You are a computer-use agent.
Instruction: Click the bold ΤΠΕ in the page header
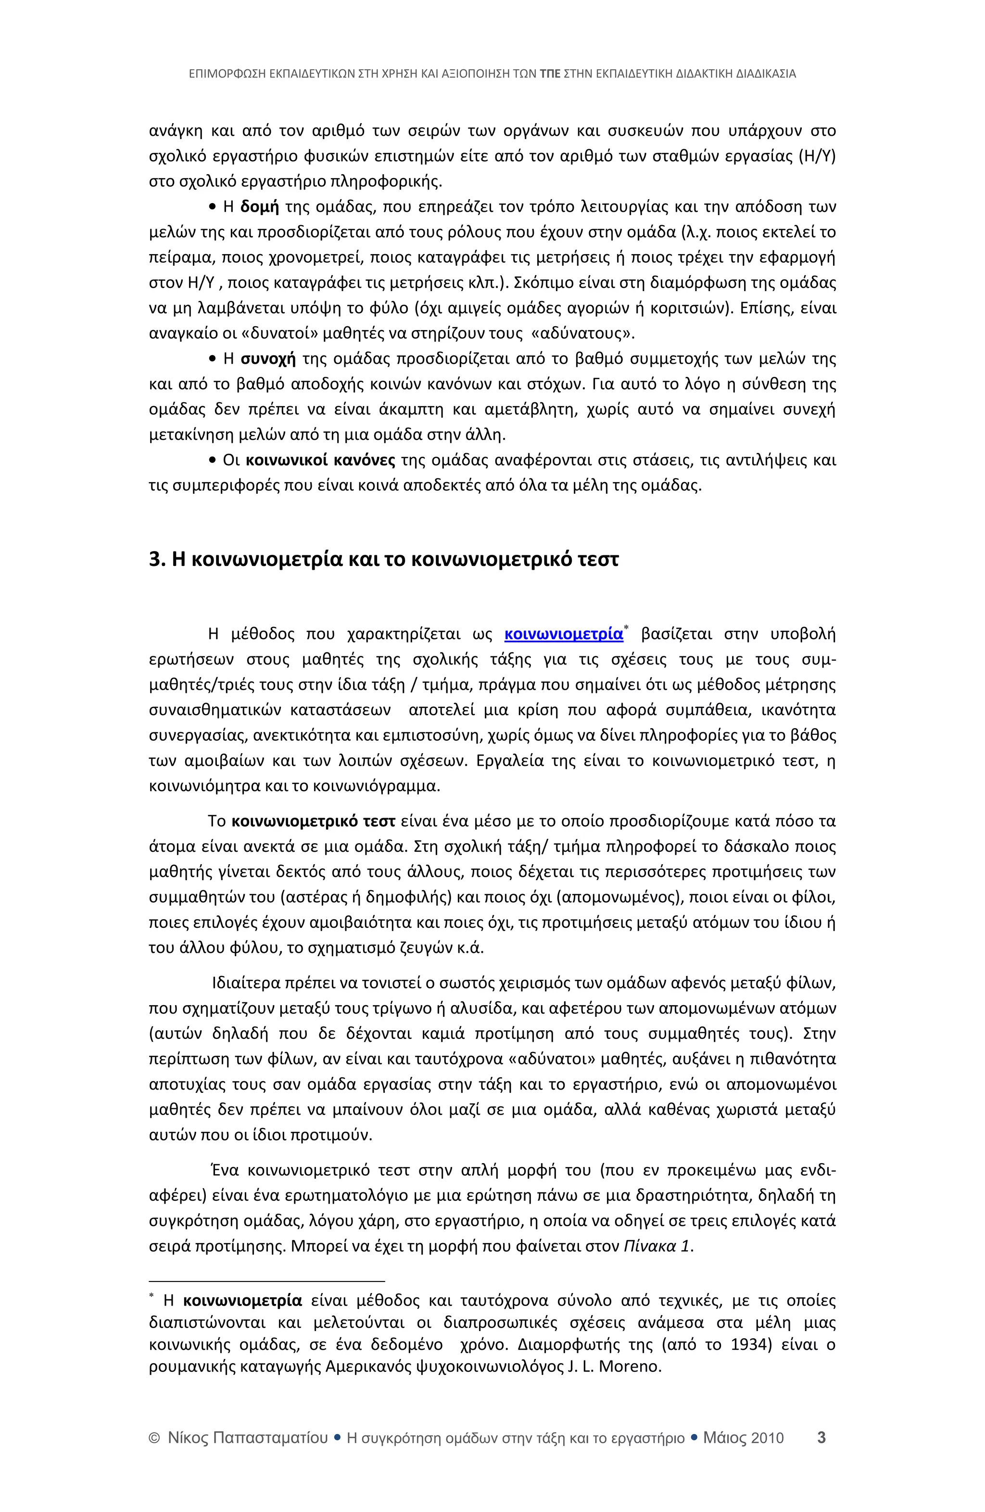click(x=549, y=74)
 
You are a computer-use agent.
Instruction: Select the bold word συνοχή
click(x=269, y=359)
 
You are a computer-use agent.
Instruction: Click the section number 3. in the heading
click(x=157, y=560)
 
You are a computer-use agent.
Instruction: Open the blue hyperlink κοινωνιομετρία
click(x=563, y=634)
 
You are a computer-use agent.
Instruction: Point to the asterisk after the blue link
click(x=627, y=628)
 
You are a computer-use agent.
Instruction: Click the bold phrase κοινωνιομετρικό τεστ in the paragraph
click(x=314, y=821)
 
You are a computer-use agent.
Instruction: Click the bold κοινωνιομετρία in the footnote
click(x=242, y=1300)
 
